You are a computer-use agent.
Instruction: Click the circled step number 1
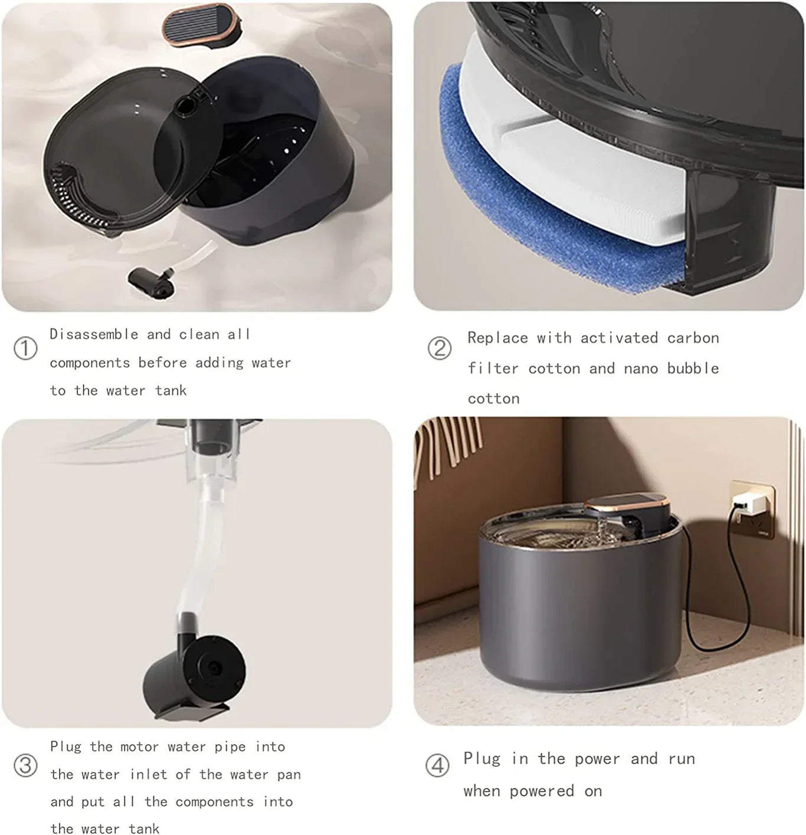[x=25, y=348]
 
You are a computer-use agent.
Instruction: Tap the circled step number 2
[x=439, y=348]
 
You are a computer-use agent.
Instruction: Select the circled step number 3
[x=25, y=765]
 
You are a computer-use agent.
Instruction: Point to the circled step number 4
[x=437, y=765]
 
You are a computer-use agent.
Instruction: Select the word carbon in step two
[x=693, y=338]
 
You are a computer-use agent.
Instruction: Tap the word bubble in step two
[x=693, y=369]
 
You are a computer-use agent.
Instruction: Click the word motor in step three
[x=139, y=747]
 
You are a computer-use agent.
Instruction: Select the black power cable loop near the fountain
[x=717, y=613]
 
